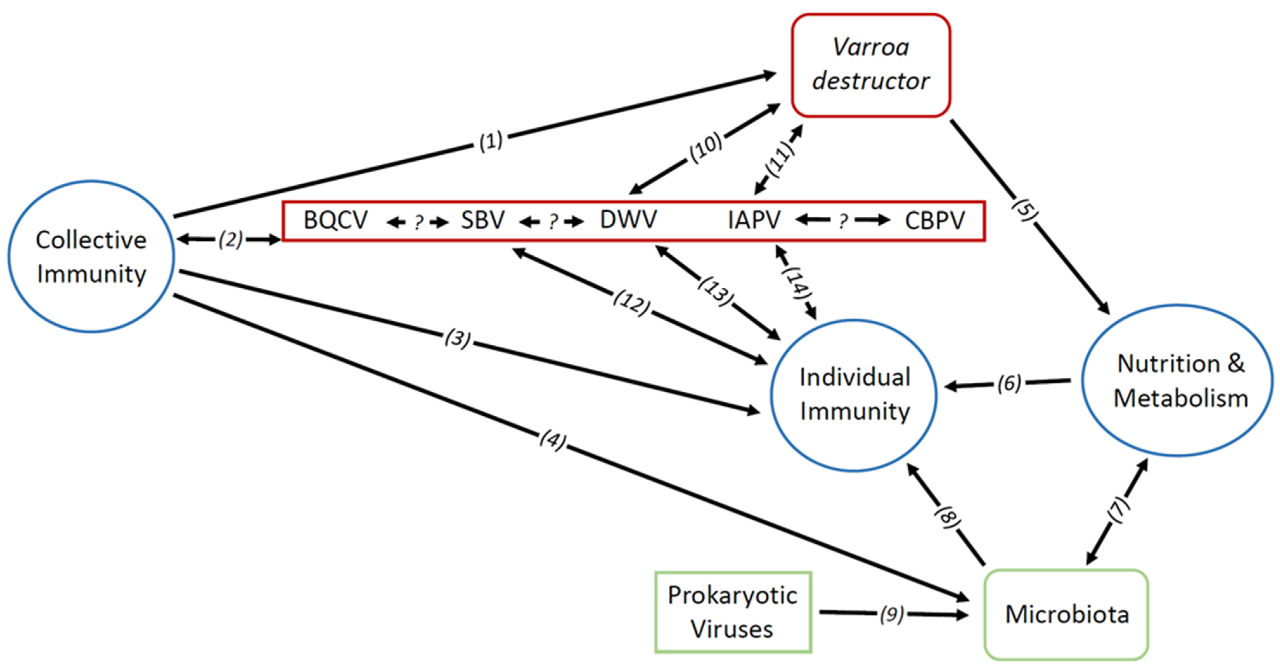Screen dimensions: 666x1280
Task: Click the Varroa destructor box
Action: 871,65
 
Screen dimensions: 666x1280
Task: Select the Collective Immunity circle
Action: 91,256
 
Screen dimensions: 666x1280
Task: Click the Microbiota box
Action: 1066,614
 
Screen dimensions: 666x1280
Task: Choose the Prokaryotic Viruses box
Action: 733,612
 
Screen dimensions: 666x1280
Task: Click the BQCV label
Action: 335,220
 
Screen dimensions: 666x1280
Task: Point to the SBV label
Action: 482,220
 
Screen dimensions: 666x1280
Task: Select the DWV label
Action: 628,220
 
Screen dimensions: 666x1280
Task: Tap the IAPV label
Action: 754,220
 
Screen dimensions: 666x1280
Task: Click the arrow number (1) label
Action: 491,141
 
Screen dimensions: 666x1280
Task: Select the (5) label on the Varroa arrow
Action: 1024,211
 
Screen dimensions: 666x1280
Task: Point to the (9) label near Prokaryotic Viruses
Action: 892,614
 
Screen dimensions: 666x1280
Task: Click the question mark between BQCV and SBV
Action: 418,222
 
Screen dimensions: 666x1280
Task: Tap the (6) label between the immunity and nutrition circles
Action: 1009,383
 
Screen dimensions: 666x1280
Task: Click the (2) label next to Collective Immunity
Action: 231,240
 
